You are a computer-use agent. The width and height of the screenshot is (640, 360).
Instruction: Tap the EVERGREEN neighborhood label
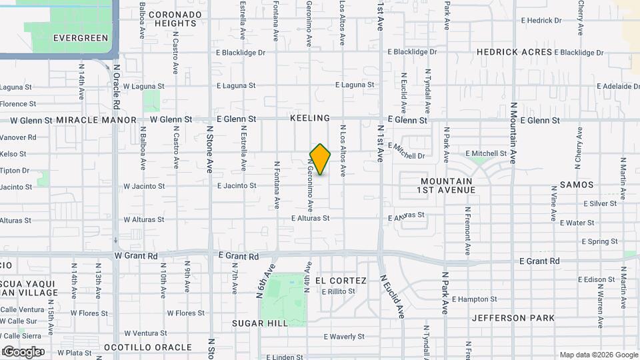[80, 38]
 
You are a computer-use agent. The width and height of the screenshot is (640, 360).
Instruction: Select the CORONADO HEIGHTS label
[175, 19]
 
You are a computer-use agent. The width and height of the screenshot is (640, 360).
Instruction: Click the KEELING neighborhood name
[310, 118]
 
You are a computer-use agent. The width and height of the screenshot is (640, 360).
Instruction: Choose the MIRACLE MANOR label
[97, 120]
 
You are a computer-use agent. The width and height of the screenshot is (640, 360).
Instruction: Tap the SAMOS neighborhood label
[577, 184]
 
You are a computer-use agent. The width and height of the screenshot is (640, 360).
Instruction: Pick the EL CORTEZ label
[341, 281]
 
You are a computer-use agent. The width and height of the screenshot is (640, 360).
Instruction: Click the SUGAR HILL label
[260, 323]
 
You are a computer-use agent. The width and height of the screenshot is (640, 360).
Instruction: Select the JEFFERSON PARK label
[513, 318]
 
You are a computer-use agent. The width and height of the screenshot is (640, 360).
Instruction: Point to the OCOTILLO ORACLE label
[148, 347]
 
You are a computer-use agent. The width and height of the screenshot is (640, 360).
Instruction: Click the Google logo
[23, 351]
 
